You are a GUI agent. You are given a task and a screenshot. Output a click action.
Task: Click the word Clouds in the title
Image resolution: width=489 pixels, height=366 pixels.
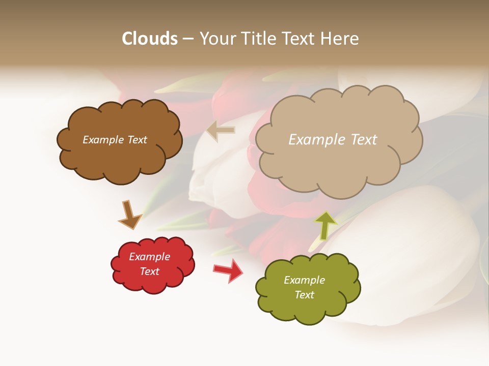coord(150,39)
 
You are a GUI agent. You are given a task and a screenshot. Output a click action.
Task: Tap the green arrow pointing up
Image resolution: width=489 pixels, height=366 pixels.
coord(325,225)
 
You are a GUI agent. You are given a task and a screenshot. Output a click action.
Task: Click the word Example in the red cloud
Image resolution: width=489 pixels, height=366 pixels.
coord(149,257)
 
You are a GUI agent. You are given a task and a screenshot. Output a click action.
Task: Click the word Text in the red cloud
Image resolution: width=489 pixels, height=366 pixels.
coord(149,271)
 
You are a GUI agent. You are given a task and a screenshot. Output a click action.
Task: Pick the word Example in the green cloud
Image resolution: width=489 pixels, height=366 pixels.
coord(304,280)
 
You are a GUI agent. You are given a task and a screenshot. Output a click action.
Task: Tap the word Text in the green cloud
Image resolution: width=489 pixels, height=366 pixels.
coord(304,295)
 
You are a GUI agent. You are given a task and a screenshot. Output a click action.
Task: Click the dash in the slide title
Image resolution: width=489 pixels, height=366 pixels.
coord(188,39)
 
